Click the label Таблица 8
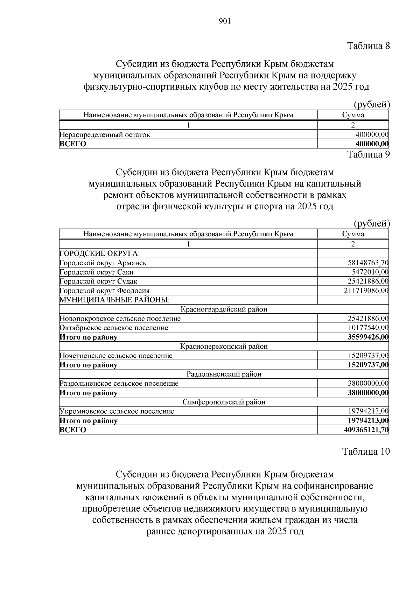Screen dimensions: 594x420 (368, 46)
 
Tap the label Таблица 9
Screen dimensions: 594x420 (368, 154)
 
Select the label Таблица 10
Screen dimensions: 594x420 (366, 452)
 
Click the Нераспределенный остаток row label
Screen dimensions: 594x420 (105, 135)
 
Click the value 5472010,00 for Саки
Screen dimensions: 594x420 (370, 272)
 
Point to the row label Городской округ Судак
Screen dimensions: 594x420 (98, 281)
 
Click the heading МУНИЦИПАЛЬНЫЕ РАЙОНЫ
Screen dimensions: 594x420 (114, 300)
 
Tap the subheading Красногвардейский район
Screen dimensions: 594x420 (224, 309)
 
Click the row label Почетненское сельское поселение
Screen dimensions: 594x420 (116, 356)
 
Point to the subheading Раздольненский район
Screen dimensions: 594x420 (224, 374)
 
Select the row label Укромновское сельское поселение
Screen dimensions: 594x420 (117, 412)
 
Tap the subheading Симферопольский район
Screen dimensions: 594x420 (224, 402)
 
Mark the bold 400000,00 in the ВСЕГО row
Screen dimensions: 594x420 (372, 144)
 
